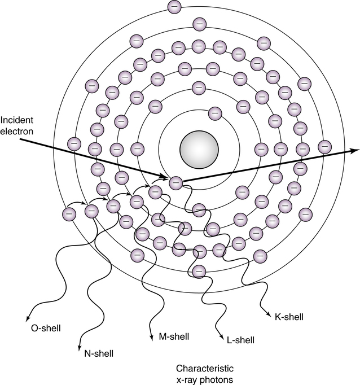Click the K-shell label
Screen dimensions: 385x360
coord(289,317)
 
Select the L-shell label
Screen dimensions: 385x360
coord(240,340)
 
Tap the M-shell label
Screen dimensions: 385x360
coord(174,336)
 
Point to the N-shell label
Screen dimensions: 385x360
coord(98,354)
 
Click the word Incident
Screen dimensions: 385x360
coord(16,120)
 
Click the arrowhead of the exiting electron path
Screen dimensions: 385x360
coord(355,150)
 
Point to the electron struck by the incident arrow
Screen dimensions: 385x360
coord(175,182)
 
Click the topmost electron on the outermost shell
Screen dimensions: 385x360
coord(174,7)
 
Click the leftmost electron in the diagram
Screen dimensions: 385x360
coord(69,214)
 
